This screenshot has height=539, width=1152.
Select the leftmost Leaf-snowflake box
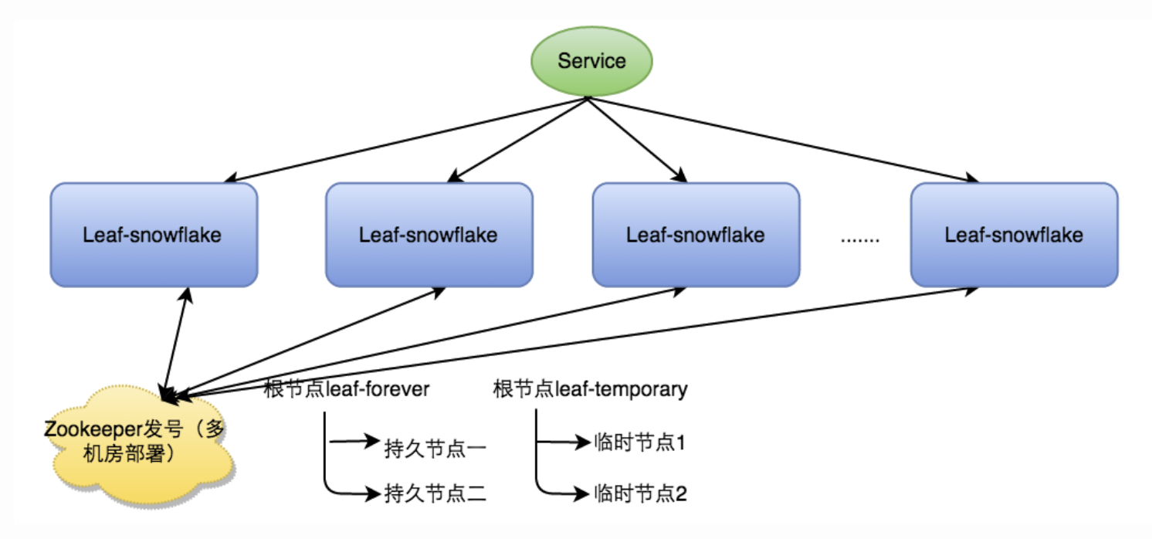click(x=153, y=235)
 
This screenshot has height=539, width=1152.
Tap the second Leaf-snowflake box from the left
click(x=429, y=235)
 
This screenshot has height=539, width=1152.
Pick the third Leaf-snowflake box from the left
click(x=696, y=235)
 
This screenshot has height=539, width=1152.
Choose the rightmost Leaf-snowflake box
click(x=1014, y=235)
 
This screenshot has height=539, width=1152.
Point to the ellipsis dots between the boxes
click(x=859, y=239)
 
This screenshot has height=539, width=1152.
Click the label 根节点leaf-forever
click(x=346, y=388)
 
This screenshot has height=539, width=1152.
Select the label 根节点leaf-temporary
click(x=590, y=388)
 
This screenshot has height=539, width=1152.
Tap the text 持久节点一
click(x=435, y=449)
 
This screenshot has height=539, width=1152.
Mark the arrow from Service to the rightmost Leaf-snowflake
click(x=780, y=139)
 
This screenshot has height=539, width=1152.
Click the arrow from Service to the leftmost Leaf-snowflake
click(x=402, y=140)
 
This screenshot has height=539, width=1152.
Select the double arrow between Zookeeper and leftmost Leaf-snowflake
click(x=175, y=344)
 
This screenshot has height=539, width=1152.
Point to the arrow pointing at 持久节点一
click(x=352, y=443)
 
